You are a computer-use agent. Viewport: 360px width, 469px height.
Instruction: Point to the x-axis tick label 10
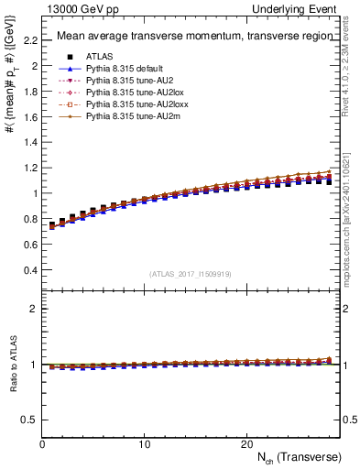coord(145,443)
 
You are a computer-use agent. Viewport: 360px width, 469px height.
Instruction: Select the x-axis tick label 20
coord(246,443)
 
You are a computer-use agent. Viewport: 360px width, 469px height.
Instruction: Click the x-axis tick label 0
coord(42,443)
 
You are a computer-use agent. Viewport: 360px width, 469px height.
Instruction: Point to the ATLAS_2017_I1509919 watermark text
coord(191,273)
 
